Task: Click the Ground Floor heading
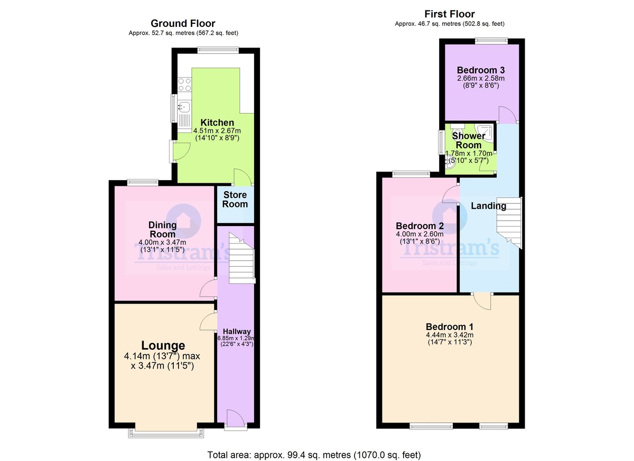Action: [183, 23]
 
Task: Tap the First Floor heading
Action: [450, 14]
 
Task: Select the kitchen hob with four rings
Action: [184, 85]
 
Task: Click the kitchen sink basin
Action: [184, 107]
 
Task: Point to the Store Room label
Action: [235, 200]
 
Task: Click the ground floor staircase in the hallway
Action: [241, 258]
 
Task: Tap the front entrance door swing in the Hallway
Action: [236, 418]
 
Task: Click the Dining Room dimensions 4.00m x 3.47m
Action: [163, 242]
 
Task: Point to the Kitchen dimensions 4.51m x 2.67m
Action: [217, 131]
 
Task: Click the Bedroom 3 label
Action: [481, 70]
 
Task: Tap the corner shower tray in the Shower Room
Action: [486, 132]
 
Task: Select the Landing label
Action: [489, 206]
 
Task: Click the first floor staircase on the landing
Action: [509, 223]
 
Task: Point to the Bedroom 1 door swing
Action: [482, 302]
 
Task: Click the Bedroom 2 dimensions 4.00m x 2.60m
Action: [419, 234]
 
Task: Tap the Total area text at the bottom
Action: [314, 455]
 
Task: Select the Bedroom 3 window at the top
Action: [491, 41]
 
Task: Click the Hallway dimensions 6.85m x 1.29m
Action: [236, 338]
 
